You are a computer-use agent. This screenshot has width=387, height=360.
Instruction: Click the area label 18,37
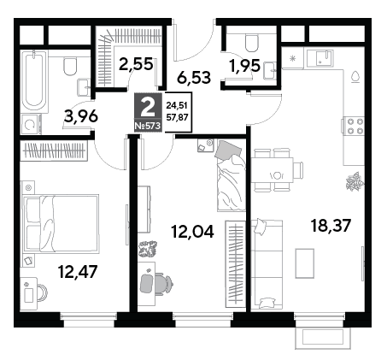point(330,226)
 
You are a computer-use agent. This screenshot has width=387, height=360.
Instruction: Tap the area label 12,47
point(78,271)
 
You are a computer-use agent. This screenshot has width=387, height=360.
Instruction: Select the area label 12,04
point(192,231)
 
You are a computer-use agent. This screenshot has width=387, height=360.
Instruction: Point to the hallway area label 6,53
point(194,77)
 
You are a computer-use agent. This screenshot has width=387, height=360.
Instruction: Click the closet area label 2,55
point(136,64)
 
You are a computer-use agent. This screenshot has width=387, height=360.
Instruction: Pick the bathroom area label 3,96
point(81,116)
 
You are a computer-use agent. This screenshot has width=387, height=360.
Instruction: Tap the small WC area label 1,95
point(245,66)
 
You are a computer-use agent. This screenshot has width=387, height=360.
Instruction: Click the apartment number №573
point(148,126)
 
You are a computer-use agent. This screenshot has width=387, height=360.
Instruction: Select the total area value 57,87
point(177,117)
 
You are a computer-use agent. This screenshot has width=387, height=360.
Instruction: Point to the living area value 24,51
point(177,105)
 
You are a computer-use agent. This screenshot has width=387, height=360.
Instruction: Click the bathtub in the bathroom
point(34,80)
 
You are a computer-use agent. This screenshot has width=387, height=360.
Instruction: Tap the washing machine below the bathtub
point(30,124)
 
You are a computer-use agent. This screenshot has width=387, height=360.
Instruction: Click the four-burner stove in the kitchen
point(353,126)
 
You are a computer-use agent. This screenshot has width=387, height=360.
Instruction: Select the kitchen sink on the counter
point(325,58)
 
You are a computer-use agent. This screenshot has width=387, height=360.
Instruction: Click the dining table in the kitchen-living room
point(273,170)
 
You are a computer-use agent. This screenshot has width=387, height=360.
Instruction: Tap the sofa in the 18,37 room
point(267,264)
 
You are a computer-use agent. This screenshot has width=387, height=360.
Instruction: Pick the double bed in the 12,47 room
point(61,224)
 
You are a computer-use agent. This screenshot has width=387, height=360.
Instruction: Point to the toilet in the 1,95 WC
point(251,44)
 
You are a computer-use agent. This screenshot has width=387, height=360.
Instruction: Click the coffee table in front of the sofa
point(305,263)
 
